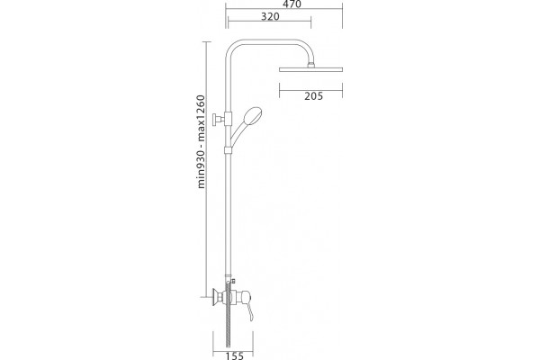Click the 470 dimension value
[292, 4]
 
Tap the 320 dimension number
[270, 16]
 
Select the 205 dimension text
[314, 96]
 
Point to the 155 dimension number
[235, 355]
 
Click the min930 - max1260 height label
[201, 141]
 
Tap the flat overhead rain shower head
[311, 69]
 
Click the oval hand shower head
[253, 116]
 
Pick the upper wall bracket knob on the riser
[218, 120]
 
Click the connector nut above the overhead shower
[311, 65]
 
